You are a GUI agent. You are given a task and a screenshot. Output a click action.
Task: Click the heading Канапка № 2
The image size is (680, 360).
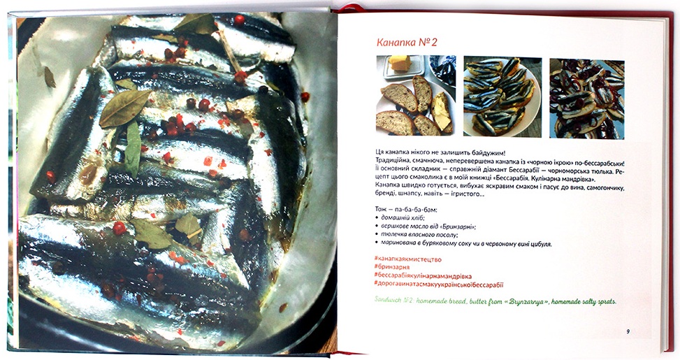[407, 43]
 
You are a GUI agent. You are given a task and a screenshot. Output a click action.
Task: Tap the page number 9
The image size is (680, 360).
[628, 332]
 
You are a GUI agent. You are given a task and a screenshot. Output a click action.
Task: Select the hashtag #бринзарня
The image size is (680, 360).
[391, 268]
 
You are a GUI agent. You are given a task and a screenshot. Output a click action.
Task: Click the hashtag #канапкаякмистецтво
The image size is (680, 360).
[407, 259]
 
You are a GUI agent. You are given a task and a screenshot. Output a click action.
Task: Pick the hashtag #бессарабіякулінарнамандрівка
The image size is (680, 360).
[422, 276]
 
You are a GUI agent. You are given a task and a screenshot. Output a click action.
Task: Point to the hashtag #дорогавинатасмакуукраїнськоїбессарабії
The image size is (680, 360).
[438, 285]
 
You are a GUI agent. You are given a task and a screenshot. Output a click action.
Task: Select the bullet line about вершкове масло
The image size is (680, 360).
[428, 226]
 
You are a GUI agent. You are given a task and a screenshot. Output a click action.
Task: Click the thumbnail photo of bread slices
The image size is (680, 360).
[415, 95]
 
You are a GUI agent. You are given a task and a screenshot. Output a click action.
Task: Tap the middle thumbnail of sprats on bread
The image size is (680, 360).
[502, 96]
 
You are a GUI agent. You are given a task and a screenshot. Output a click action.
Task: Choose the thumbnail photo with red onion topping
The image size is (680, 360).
[587, 99]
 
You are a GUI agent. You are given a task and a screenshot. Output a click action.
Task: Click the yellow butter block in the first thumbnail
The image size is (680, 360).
[399, 62]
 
